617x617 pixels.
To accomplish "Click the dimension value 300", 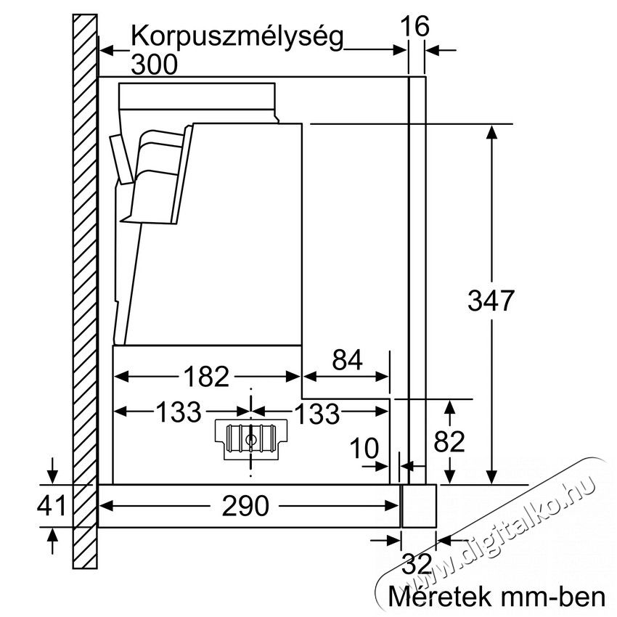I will (155, 65).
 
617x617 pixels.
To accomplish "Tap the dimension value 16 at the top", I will (416, 27).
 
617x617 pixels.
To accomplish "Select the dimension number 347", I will (491, 301).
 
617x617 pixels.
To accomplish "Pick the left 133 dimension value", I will (178, 413).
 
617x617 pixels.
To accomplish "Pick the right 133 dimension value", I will (316, 414).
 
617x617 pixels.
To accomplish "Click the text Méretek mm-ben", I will (497, 597).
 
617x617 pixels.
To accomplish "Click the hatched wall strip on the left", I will (85, 290).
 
